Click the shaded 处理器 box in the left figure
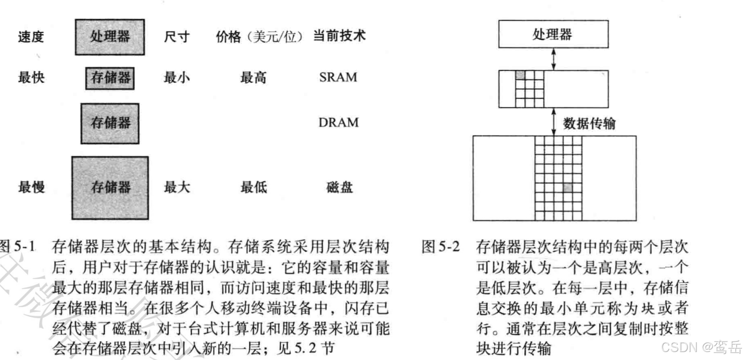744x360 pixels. (x=110, y=37)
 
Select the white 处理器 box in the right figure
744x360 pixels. (x=553, y=34)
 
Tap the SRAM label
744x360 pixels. (x=338, y=77)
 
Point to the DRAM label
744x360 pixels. (x=338, y=123)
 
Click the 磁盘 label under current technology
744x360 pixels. (x=339, y=187)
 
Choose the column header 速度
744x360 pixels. (x=31, y=37)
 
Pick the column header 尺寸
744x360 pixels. (x=177, y=37)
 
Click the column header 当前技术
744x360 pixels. (x=339, y=36)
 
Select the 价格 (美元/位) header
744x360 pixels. (x=259, y=37)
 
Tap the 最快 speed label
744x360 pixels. (x=31, y=77)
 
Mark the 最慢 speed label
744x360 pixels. (x=31, y=187)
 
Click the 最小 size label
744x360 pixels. (x=177, y=77)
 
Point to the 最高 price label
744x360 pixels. (x=254, y=77)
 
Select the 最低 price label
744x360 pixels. (x=254, y=187)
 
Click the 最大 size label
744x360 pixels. (x=177, y=187)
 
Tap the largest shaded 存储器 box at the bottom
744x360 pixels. (x=110, y=188)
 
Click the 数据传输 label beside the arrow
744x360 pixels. (x=589, y=123)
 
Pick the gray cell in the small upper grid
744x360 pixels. (x=520, y=75)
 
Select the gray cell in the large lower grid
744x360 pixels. (x=567, y=187)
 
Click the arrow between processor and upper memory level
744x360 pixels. (x=554, y=59)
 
